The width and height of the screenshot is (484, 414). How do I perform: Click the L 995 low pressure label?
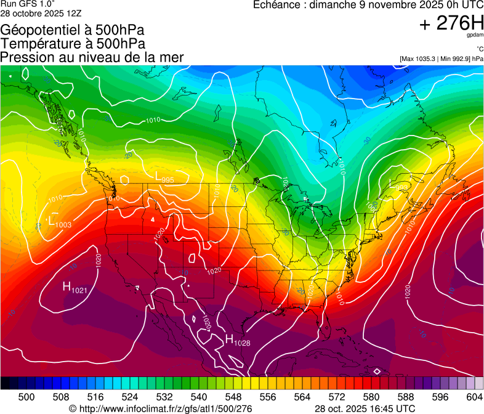point(164,177)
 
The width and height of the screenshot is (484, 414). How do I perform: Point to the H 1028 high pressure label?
point(237,339)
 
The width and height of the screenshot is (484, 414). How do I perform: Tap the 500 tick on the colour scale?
point(26,397)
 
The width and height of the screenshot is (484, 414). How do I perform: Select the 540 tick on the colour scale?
point(199,397)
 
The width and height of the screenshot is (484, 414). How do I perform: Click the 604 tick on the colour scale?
point(475,397)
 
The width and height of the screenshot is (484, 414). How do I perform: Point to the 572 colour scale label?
point(337,397)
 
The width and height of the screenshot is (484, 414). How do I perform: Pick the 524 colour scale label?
point(130,397)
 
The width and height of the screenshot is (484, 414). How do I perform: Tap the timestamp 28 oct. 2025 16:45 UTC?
point(365,408)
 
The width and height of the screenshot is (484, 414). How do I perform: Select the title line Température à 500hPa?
point(73,43)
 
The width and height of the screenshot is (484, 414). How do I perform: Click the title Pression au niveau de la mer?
point(92,57)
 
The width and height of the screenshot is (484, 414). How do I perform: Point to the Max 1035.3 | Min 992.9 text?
point(442,59)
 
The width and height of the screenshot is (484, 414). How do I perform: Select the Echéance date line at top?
point(368,5)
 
